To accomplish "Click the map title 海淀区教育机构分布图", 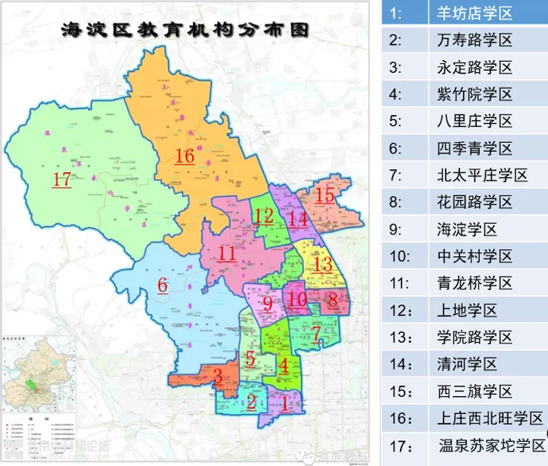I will pyautogui.click(x=185, y=31).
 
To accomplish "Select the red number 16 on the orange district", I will pyautogui.click(x=185, y=156).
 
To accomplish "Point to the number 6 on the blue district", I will pyautogui.click(x=161, y=285).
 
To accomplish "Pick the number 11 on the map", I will pyautogui.click(x=227, y=253).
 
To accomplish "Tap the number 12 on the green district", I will pyautogui.click(x=263, y=216).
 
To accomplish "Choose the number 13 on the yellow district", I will pyautogui.click(x=322, y=264).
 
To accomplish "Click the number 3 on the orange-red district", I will pyautogui.click(x=218, y=376).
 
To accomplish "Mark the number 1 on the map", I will pyautogui.click(x=285, y=402).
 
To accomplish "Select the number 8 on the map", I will pyautogui.click(x=332, y=298).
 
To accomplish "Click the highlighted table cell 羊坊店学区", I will pyautogui.click(x=474, y=13).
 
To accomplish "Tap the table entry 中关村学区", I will pyautogui.click(x=474, y=256).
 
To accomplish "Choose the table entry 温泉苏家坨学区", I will pyautogui.click(x=492, y=445).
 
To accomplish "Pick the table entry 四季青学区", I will pyautogui.click(x=474, y=147).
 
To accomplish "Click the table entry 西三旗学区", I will pyautogui.click(x=474, y=391).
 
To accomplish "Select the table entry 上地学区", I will pyautogui.click(x=466, y=310).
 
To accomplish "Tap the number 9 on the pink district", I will pyautogui.click(x=267, y=304).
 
